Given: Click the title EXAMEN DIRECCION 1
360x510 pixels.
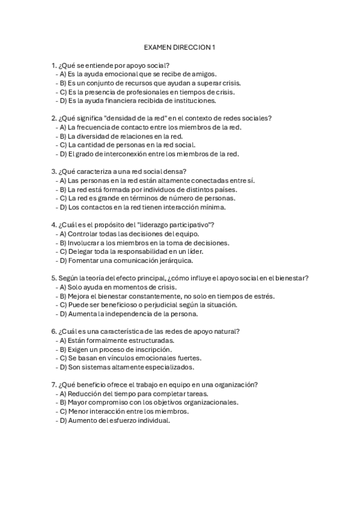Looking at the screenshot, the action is (180, 46).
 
